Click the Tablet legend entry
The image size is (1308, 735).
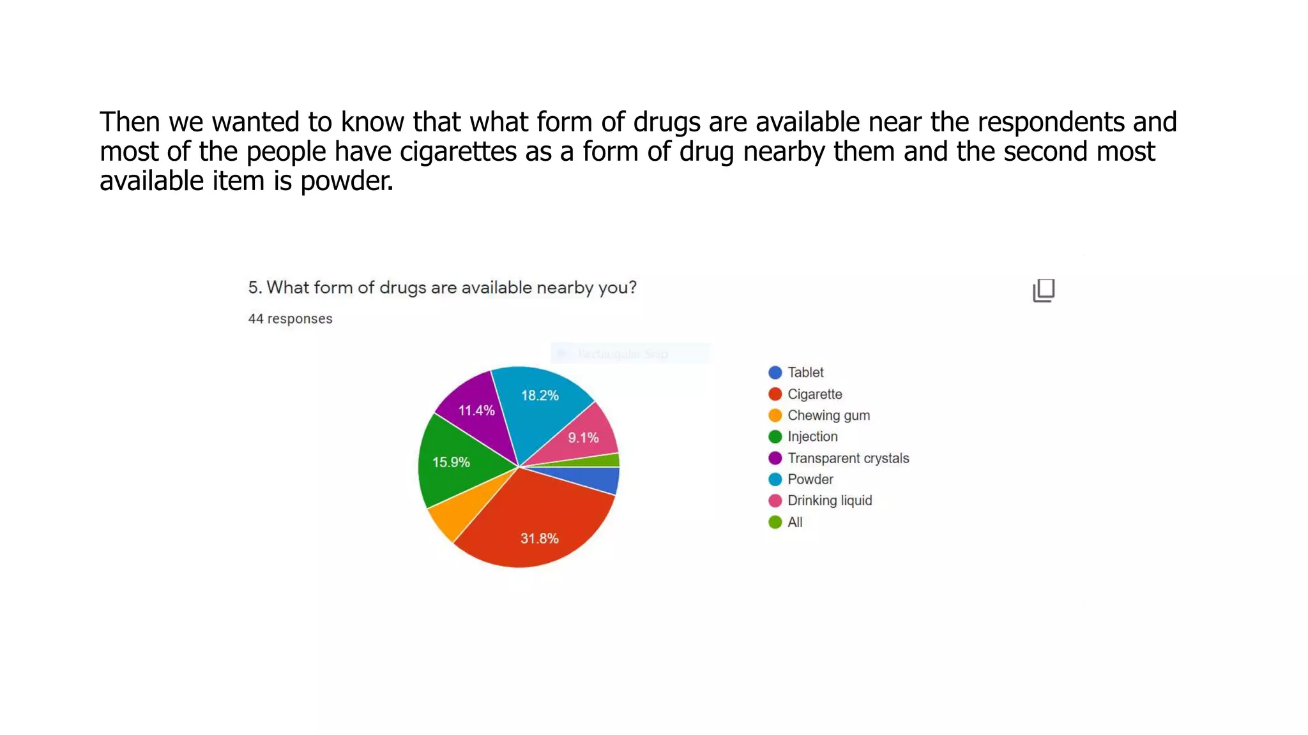[x=805, y=373]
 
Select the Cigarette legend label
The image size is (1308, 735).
[x=814, y=394]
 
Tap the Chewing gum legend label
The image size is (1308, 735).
[x=828, y=415]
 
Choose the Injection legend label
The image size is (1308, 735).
[x=812, y=436]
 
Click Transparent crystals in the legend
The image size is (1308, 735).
[x=848, y=458]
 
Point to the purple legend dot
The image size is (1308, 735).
[x=775, y=458]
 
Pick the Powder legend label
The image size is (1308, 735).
[x=810, y=479]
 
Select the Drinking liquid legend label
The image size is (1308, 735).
[x=830, y=501]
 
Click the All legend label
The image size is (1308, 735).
[x=795, y=522]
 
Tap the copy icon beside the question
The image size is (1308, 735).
[x=1044, y=290]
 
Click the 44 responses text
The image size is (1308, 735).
[x=290, y=318]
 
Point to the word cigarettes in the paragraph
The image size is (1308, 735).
[x=458, y=152]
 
